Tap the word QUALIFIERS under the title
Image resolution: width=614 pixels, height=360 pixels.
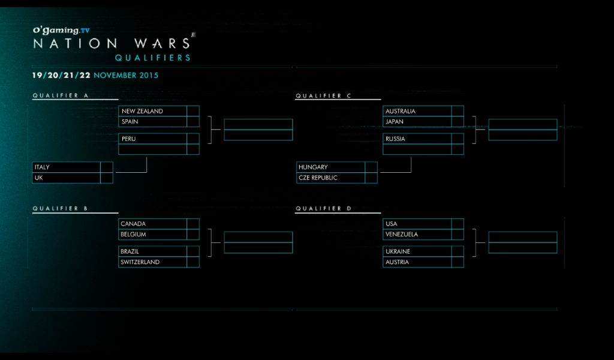pos(153,58)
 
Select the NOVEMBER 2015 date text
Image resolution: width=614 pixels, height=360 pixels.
pos(126,76)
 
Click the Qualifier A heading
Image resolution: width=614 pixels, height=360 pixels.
pos(61,95)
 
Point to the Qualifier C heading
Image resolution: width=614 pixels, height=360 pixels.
pos(323,95)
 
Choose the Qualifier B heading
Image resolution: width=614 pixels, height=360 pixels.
pos(61,208)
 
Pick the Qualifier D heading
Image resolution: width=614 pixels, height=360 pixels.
pos(323,208)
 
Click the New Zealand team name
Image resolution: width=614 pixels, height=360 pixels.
pos(142,111)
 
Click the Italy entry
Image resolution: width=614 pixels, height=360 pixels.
pos(42,167)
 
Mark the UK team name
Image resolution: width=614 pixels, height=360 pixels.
pos(39,178)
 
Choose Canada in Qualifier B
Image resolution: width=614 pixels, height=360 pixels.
pos(133,224)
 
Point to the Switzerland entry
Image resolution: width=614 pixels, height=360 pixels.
pos(140,262)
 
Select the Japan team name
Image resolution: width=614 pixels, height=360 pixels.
pos(395,122)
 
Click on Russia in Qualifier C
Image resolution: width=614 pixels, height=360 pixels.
pos(395,139)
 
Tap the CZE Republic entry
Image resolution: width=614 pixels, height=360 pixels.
pos(318,178)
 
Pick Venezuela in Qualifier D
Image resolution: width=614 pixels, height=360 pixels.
pos(402,235)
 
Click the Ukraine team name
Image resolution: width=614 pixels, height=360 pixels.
pos(398,251)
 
